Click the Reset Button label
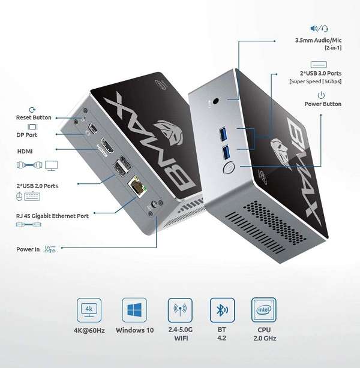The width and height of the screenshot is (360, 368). tap(34, 117)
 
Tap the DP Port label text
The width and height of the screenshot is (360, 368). tap(26, 135)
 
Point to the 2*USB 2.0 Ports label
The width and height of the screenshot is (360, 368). tap(37, 186)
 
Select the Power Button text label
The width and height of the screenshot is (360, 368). tap(323, 104)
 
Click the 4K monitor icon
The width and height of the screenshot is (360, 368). tap(89, 311)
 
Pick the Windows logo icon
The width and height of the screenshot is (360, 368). tap(134, 311)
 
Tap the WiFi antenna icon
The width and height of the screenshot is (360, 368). tap(180, 311)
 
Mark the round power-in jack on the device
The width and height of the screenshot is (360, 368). tap(158, 206)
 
